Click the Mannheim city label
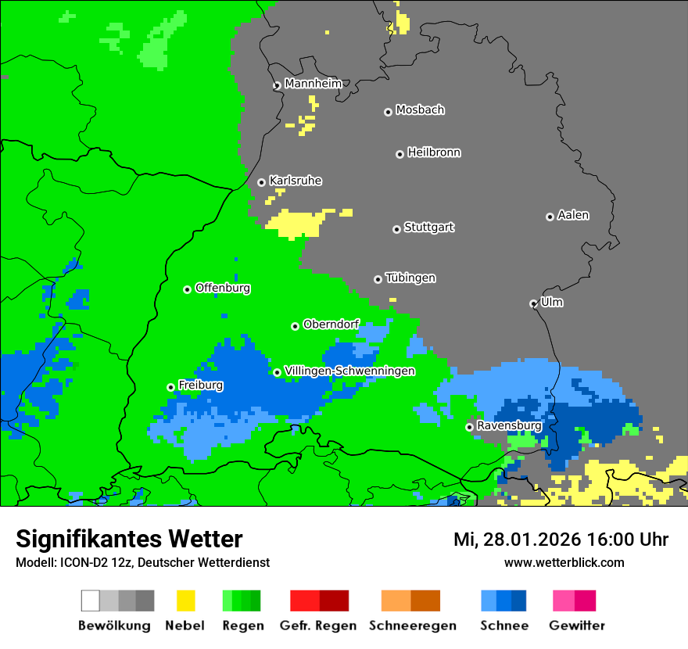pyautogui.click(x=314, y=84)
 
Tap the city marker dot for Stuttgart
pyautogui.click(x=396, y=229)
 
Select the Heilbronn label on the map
pyautogui.click(x=434, y=152)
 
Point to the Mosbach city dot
pyautogui.click(x=388, y=112)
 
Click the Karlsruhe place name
pyautogui.click(x=296, y=181)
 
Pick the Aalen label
pyautogui.click(x=573, y=215)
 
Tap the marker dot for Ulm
pyautogui.click(x=533, y=303)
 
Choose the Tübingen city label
pyautogui.click(x=410, y=278)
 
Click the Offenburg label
pyautogui.click(x=223, y=288)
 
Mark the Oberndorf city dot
pyautogui.click(x=295, y=326)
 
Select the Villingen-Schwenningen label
pyautogui.click(x=349, y=371)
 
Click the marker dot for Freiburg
pyautogui.click(x=170, y=387)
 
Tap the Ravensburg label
pyautogui.click(x=509, y=425)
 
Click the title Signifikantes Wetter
pyautogui.click(x=129, y=539)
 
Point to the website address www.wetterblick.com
pyautogui.click(x=564, y=562)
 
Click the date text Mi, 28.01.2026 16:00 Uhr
pyautogui.click(x=561, y=540)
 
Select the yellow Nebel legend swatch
pyautogui.click(x=185, y=601)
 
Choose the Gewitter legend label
pyautogui.click(x=577, y=626)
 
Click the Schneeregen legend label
pyautogui.click(x=413, y=626)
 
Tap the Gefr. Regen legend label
pyautogui.click(x=318, y=626)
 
